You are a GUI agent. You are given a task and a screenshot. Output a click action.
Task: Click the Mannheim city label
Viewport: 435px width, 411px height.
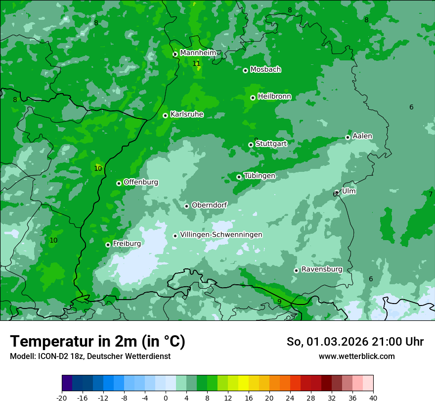[198, 52]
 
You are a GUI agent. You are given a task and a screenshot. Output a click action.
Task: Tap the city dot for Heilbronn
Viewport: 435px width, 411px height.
[253, 98]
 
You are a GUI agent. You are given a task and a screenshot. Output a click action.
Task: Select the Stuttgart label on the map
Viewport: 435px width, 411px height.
[271, 144]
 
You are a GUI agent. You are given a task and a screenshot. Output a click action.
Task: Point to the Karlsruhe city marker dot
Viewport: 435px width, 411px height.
[165, 115]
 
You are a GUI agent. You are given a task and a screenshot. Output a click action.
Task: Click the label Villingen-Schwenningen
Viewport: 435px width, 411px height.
[221, 235]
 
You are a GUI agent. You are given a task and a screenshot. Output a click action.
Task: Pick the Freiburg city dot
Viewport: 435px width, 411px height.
[108, 245]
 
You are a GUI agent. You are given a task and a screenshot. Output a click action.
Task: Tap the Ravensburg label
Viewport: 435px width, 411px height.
[322, 269]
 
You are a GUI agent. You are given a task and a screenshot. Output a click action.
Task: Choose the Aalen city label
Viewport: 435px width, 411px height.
[362, 136]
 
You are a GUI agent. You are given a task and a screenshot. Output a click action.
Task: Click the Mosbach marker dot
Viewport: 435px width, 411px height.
[245, 70]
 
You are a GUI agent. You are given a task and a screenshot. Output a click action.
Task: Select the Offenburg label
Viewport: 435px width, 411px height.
[141, 182]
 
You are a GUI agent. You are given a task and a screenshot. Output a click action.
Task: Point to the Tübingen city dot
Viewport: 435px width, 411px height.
[239, 177]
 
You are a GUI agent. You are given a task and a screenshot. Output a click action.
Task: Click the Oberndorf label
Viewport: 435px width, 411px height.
[209, 205]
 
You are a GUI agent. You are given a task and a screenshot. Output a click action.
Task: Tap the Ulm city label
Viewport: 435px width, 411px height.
[349, 191]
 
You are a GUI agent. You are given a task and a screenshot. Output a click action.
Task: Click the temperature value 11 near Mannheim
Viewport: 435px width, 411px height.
[196, 63]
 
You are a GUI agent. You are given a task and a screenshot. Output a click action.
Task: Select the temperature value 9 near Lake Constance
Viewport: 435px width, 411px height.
[279, 302]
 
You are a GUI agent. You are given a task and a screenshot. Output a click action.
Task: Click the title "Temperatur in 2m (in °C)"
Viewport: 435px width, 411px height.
[97, 341]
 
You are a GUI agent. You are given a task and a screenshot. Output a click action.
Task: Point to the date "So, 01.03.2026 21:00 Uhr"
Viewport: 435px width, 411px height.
[355, 342]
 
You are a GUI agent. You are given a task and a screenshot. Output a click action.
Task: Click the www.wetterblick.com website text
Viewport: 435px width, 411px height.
[356, 356]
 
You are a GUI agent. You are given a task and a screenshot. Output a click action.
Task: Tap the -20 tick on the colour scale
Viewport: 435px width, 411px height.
[62, 398]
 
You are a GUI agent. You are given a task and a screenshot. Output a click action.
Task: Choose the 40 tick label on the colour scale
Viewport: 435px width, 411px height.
[373, 398]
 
